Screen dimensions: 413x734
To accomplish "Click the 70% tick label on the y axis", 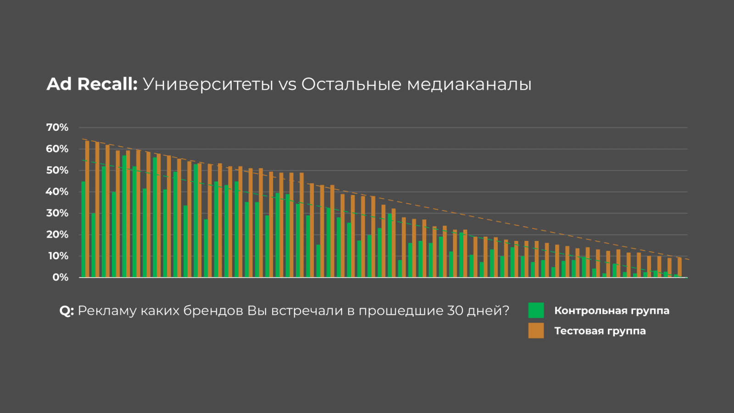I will (57, 128).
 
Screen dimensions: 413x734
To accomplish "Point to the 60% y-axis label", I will (57, 149).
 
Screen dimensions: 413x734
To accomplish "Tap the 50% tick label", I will (57, 170).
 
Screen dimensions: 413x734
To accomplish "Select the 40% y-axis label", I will (57, 192).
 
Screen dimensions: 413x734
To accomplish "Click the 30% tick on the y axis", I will (57, 213).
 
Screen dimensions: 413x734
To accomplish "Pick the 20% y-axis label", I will (57, 234).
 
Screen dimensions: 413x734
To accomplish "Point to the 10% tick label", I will (58, 256).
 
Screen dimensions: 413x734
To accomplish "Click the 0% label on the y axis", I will (61, 277).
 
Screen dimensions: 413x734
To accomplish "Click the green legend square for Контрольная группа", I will (536, 310).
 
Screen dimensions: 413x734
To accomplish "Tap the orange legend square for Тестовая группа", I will (536, 330).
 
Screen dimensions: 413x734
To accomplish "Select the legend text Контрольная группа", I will (612, 311).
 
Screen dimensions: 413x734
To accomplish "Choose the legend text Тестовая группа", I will (600, 331).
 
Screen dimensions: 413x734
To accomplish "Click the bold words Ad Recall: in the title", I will (92, 84).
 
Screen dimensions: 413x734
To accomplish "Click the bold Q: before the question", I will (67, 311).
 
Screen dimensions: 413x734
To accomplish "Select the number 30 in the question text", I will (455, 311).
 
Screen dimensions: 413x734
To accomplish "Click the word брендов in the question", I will (213, 311).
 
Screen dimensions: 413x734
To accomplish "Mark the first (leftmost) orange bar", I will (87, 209).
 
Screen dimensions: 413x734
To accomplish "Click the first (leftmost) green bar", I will (83, 229).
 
